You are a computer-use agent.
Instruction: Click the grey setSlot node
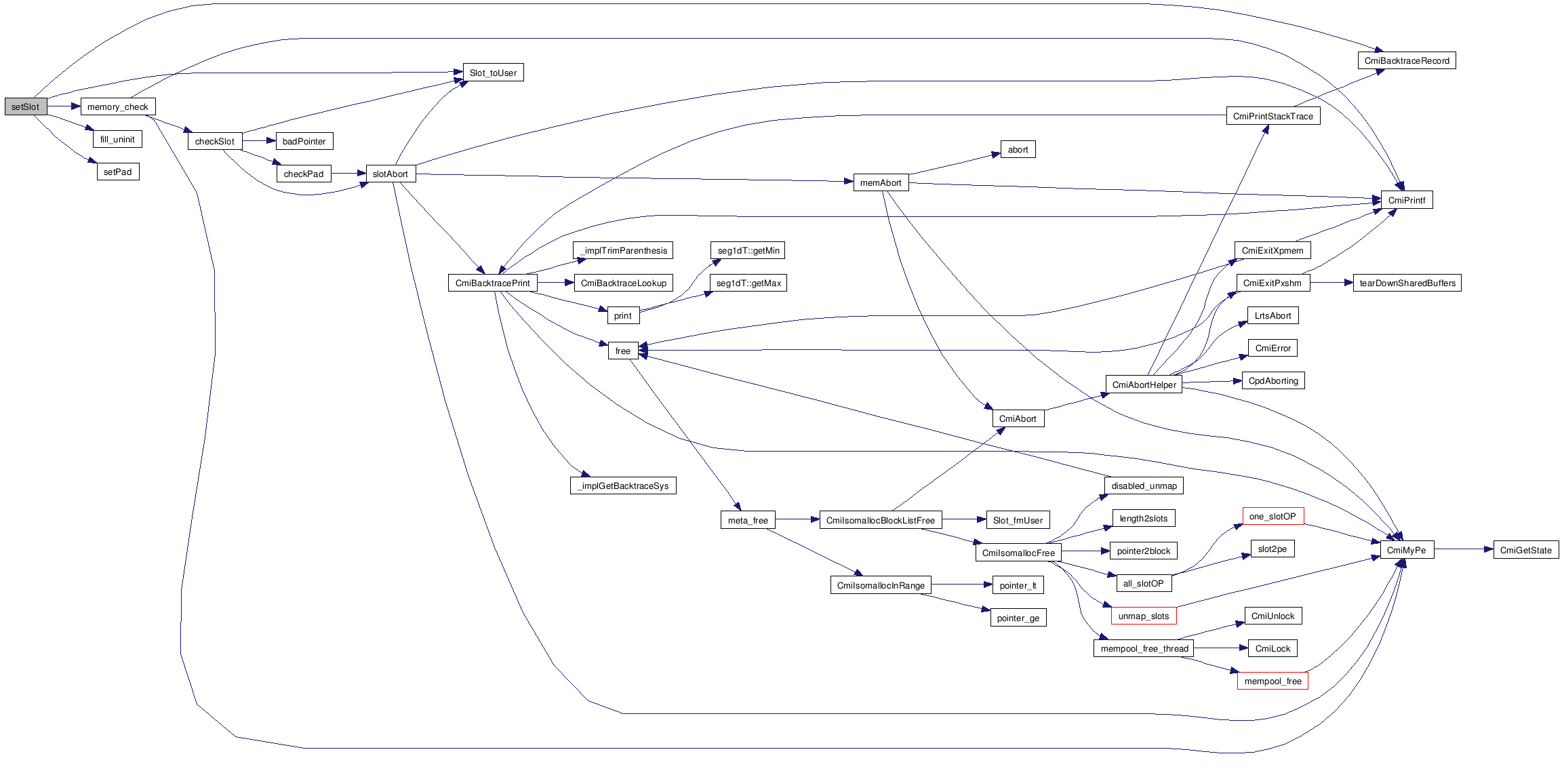coord(25,106)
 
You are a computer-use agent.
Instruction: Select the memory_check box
coord(118,106)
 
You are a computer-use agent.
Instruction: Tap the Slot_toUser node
coord(493,73)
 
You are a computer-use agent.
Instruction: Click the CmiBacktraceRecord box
coord(1407,60)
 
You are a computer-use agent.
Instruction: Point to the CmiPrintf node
coord(1407,200)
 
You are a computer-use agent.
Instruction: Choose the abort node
coord(1018,149)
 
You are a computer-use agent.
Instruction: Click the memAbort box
coord(881,182)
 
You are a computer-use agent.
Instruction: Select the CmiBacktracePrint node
coord(492,283)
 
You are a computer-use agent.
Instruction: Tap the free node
coord(623,351)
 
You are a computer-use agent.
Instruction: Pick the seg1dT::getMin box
coord(748,250)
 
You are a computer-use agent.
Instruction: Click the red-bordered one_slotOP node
coord(1273,516)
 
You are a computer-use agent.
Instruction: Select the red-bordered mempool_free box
coord(1273,681)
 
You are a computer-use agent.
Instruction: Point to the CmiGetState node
coord(1525,550)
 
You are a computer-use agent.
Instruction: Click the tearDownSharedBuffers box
coord(1407,283)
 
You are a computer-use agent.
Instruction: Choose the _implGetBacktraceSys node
coord(623,485)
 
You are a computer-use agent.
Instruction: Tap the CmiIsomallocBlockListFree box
coord(880,520)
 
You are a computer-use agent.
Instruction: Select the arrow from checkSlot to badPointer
coord(259,141)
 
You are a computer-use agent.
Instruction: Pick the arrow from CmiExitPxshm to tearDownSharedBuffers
coord(1331,283)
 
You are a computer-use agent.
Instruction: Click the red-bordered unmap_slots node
coord(1144,616)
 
